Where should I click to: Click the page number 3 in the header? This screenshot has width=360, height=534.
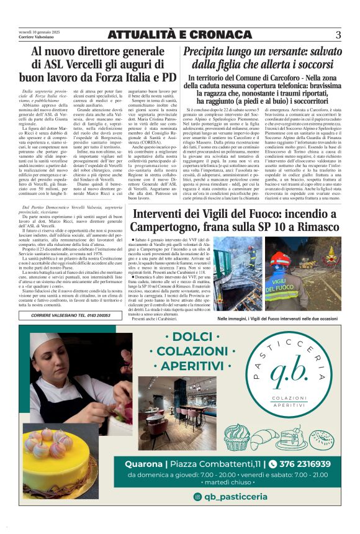point(338,34)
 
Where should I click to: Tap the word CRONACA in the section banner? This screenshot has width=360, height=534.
point(209,35)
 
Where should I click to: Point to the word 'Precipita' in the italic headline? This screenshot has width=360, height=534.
point(209,52)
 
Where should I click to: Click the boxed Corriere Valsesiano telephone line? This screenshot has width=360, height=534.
point(70,315)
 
